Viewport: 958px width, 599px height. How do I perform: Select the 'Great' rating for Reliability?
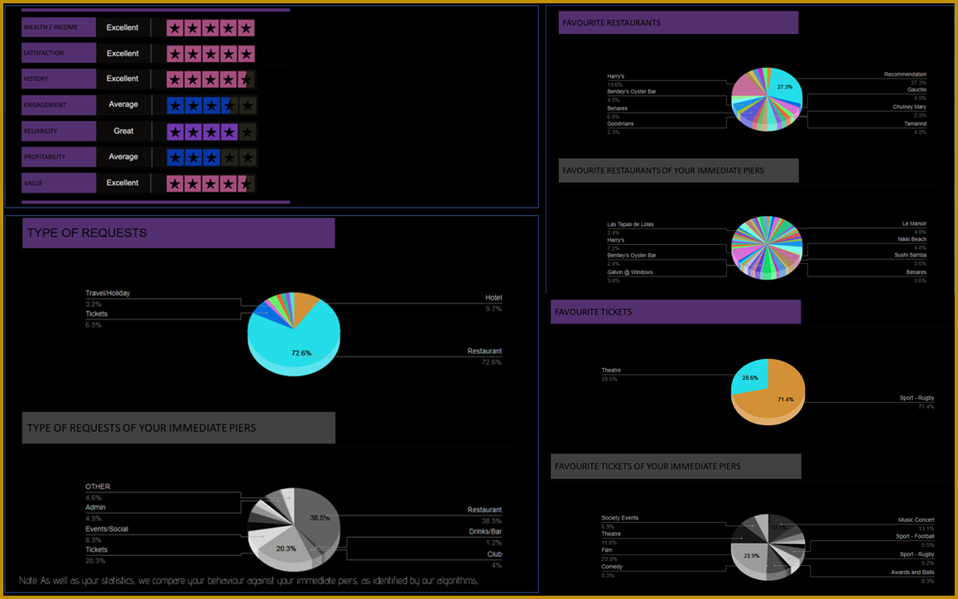(x=123, y=131)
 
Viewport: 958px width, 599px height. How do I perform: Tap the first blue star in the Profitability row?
(x=175, y=157)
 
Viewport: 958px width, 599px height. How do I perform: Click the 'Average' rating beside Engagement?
(x=123, y=104)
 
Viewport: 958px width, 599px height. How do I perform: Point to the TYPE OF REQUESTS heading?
(x=87, y=233)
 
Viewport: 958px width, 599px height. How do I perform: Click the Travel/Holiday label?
(x=108, y=294)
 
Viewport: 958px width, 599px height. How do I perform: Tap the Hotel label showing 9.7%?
(x=493, y=298)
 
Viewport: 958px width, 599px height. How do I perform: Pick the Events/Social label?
(x=107, y=530)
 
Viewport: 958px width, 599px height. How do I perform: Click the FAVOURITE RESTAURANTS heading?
(x=612, y=23)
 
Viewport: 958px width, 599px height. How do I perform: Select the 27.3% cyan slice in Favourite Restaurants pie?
(x=785, y=89)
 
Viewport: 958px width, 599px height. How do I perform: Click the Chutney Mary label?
(x=909, y=108)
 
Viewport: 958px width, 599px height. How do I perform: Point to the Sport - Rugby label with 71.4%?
(x=917, y=399)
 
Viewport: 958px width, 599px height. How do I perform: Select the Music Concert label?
(x=916, y=520)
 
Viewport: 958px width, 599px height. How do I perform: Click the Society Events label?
(x=619, y=518)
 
